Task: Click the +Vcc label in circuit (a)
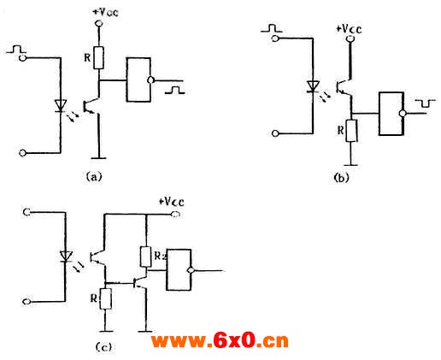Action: (106, 12)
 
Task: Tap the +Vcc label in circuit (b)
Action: (349, 29)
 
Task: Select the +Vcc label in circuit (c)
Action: (171, 202)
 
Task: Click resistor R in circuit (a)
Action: (98, 58)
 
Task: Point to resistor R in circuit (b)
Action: (351, 131)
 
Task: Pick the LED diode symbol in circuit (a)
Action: (61, 106)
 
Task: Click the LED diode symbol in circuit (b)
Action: (313, 86)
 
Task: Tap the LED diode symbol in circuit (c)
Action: (66, 257)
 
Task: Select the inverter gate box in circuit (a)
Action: (138, 80)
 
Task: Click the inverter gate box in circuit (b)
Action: (391, 114)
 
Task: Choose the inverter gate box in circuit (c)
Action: (179, 270)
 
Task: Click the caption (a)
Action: (94, 176)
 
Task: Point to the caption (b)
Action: (341, 178)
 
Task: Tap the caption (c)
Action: (103, 347)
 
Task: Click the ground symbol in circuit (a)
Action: (98, 157)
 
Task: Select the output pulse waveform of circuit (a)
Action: (174, 90)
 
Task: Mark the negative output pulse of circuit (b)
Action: (425, 103)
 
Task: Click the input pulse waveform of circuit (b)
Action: (272, 28)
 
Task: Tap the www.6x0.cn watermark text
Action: (220, 340)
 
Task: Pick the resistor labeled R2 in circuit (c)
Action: (145, 257)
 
